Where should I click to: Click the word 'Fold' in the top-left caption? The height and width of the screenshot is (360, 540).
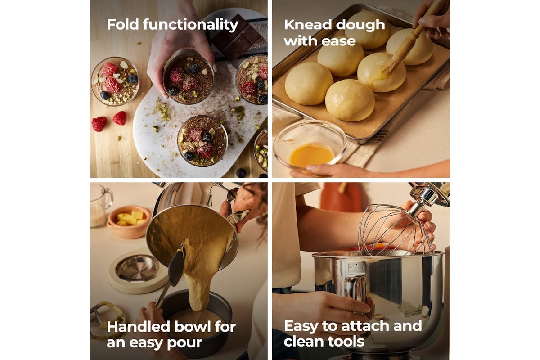point(123,24)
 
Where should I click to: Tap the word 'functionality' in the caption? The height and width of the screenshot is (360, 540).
point(191,25)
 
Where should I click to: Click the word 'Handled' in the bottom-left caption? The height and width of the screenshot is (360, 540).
point(139,327)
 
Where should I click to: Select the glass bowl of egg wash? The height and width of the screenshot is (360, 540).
point(310,145)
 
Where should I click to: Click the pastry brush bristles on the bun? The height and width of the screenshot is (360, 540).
point(392,63)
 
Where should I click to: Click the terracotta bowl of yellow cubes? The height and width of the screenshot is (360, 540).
point(129,222)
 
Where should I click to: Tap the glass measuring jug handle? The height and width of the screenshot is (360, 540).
point(108,197)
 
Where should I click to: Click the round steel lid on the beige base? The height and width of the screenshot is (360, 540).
point(137,268)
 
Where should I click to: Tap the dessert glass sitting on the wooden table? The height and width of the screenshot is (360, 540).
point(115,81)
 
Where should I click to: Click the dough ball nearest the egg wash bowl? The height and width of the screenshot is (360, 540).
point(350,100)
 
